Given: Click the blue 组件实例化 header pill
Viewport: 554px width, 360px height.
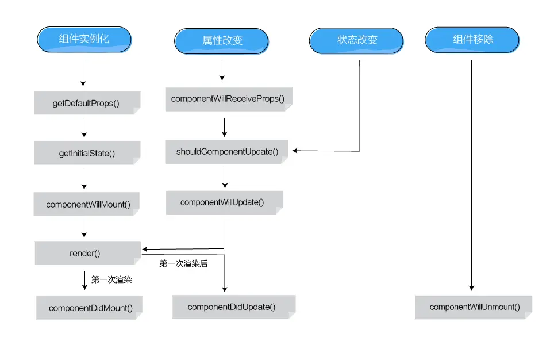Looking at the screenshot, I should tap(84, 40).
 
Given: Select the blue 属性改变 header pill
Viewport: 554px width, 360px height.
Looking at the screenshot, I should tap(222, 41).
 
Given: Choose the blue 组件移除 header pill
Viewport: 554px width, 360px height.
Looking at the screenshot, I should tap(472, 40).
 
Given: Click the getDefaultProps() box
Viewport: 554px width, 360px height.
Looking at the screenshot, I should tap(86, 104).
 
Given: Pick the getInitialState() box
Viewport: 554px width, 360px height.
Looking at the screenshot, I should tap(87, 154).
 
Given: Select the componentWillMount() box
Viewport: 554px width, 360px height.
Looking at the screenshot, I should tap(87, 205).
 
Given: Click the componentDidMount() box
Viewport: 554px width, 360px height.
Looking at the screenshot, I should tap(90, 308).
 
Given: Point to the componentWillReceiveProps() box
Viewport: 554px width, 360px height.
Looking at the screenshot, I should tap(228, 99).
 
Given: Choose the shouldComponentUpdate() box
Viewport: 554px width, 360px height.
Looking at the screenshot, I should tap(227, 152).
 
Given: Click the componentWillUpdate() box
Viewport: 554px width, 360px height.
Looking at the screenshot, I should tap(223, 202).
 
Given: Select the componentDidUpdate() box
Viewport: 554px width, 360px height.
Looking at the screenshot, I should tap(232, 307).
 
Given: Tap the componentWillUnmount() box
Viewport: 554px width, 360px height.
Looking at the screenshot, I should tap(474, 307).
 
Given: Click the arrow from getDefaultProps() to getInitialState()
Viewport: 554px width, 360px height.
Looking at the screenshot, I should tap(84, 128).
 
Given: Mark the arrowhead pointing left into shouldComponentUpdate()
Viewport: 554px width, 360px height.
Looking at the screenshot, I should tap(295, 151).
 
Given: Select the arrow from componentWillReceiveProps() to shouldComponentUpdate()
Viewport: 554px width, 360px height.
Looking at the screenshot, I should tap(225, 127).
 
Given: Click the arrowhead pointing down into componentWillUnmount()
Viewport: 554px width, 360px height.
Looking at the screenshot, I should tap(472, 287).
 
